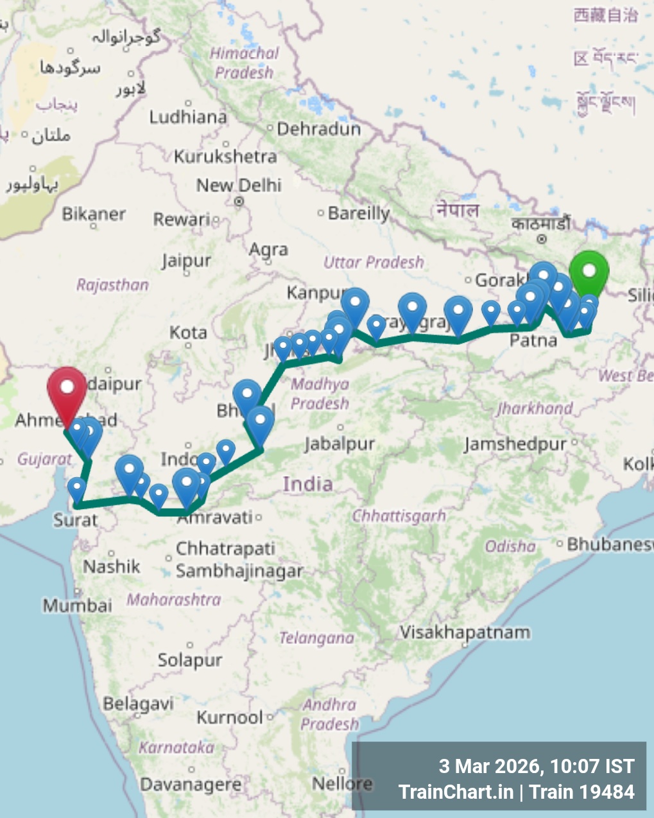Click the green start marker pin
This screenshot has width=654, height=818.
point(589,272)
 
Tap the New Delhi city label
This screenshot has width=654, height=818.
point(239,186)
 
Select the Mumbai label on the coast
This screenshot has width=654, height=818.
point(77,605)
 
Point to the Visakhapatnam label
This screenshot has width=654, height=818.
point(465,632)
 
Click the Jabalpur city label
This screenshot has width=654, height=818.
point(340,444)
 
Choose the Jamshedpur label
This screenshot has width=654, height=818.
point(515,444)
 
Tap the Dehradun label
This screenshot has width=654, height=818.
point(319,129)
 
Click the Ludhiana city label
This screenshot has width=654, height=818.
point(188,117)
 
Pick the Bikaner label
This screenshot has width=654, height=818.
point(94,214)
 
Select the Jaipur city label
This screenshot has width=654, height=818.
point(186,261)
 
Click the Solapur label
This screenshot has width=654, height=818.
point(190,660)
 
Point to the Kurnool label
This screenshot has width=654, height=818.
point(230,717)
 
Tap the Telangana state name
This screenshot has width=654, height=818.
point(316,638)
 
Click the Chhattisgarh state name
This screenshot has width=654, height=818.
point(399,516)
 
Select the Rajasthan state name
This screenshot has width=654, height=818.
point(112,284)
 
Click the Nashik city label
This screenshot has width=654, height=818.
point(112,566)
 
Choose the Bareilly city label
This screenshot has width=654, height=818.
point(359,213)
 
